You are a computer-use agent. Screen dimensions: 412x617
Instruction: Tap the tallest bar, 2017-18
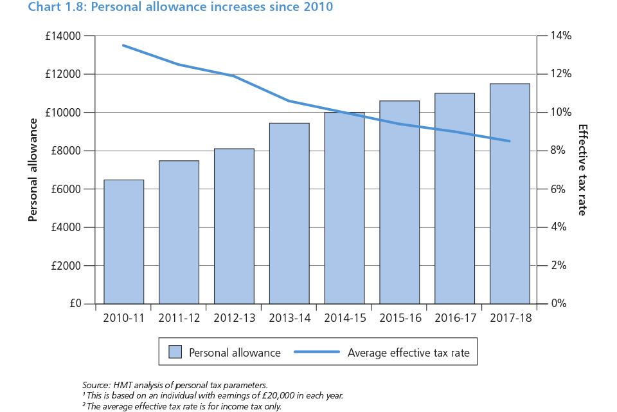coord(510,193)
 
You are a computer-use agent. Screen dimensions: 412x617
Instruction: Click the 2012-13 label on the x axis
coord(234,318)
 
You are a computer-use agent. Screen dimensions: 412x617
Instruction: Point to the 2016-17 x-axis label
coord(454,318)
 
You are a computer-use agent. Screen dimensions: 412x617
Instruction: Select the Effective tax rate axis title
coord(582,170)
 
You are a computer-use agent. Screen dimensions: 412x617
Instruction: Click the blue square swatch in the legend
coord(175,352)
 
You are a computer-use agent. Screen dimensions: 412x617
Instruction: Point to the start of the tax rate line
coord(123,45)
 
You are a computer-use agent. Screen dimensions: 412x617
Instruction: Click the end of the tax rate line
coord(510,141)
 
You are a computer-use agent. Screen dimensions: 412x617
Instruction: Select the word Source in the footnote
coord(96,384)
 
